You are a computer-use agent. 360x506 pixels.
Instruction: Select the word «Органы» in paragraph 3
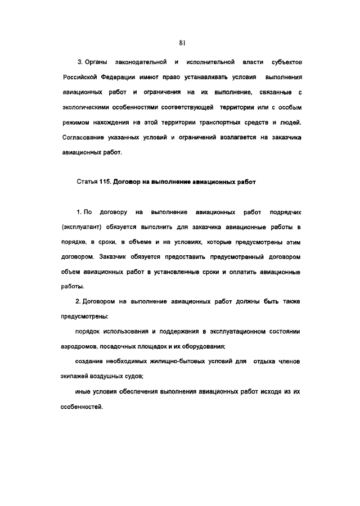click(x=97, y=60)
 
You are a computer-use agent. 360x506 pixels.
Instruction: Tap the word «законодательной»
click(x=141, y=60)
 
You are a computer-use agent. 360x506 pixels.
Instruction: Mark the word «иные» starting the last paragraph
click(x=84, y=391)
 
